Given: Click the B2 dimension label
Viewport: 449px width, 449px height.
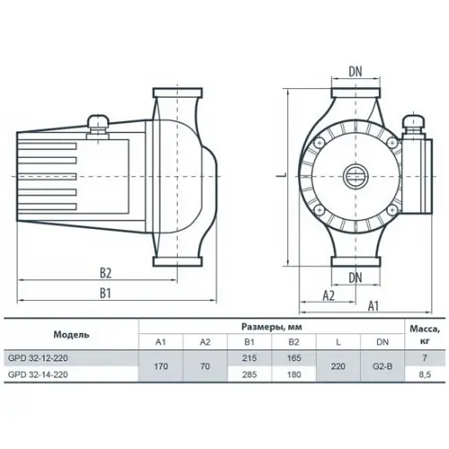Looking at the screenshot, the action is pos(105,273).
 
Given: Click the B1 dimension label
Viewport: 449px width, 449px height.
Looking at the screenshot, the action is pos(105,293).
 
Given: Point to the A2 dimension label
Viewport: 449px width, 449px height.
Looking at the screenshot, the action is pos(329,295).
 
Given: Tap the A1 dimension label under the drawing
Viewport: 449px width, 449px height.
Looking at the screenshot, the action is pos(373,306).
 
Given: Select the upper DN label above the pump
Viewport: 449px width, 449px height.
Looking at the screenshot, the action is pos(356,72).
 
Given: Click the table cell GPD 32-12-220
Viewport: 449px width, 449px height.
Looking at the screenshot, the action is pos(38,358).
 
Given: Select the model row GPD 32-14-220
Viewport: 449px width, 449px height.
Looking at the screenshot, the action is pos(38,374).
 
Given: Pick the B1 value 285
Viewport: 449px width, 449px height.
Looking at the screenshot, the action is pos(250,374).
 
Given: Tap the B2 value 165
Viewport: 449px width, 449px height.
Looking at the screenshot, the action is pos(294,358).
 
